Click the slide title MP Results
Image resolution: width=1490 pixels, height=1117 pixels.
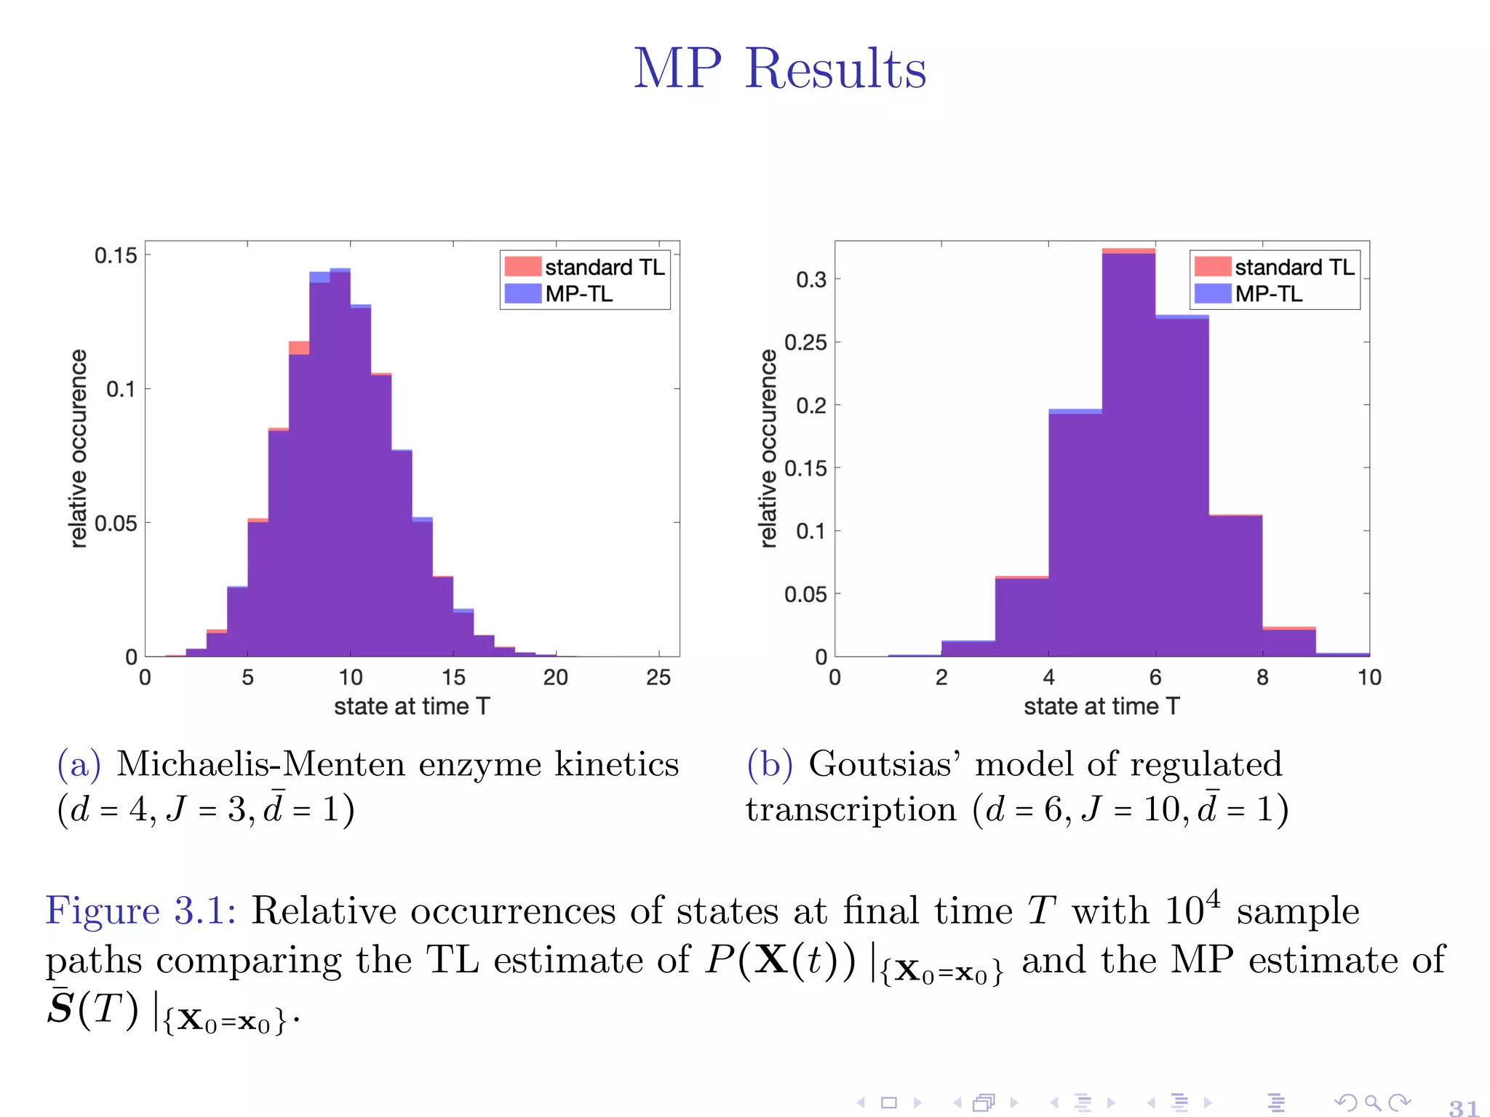(x=779, y=68)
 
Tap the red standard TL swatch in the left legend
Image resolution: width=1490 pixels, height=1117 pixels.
(x=522, y=267)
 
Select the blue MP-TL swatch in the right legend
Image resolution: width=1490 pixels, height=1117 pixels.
(x=1212, y=294)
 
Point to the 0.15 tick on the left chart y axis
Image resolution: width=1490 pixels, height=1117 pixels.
(x=115, y=255)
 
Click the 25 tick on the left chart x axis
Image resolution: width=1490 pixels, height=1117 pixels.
(x=658, y=678)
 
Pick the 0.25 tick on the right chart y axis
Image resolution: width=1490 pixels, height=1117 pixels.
(x=805, y=342)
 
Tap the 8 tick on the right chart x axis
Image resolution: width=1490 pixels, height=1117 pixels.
(x=1262, y=678)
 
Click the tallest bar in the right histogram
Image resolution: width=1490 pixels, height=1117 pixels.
(x=1128, y=451)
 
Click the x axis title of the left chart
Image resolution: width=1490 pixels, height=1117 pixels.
(x=412, y=706)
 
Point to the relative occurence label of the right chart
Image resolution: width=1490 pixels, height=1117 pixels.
(x=768, y=448)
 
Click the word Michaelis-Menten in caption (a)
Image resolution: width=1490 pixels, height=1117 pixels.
(x=263, y=764)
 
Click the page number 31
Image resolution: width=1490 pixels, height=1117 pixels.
(x=1462, y=1107)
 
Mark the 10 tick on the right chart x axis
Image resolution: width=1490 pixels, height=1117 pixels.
(x=1369, y=678)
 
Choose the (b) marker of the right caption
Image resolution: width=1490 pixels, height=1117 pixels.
(x=769, y=764)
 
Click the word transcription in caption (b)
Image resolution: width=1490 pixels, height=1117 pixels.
(x=850, y=809)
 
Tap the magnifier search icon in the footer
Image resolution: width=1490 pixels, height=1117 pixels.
(x=1372, y=1102)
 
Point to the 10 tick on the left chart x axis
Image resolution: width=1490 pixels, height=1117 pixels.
(x=351, y=678)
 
